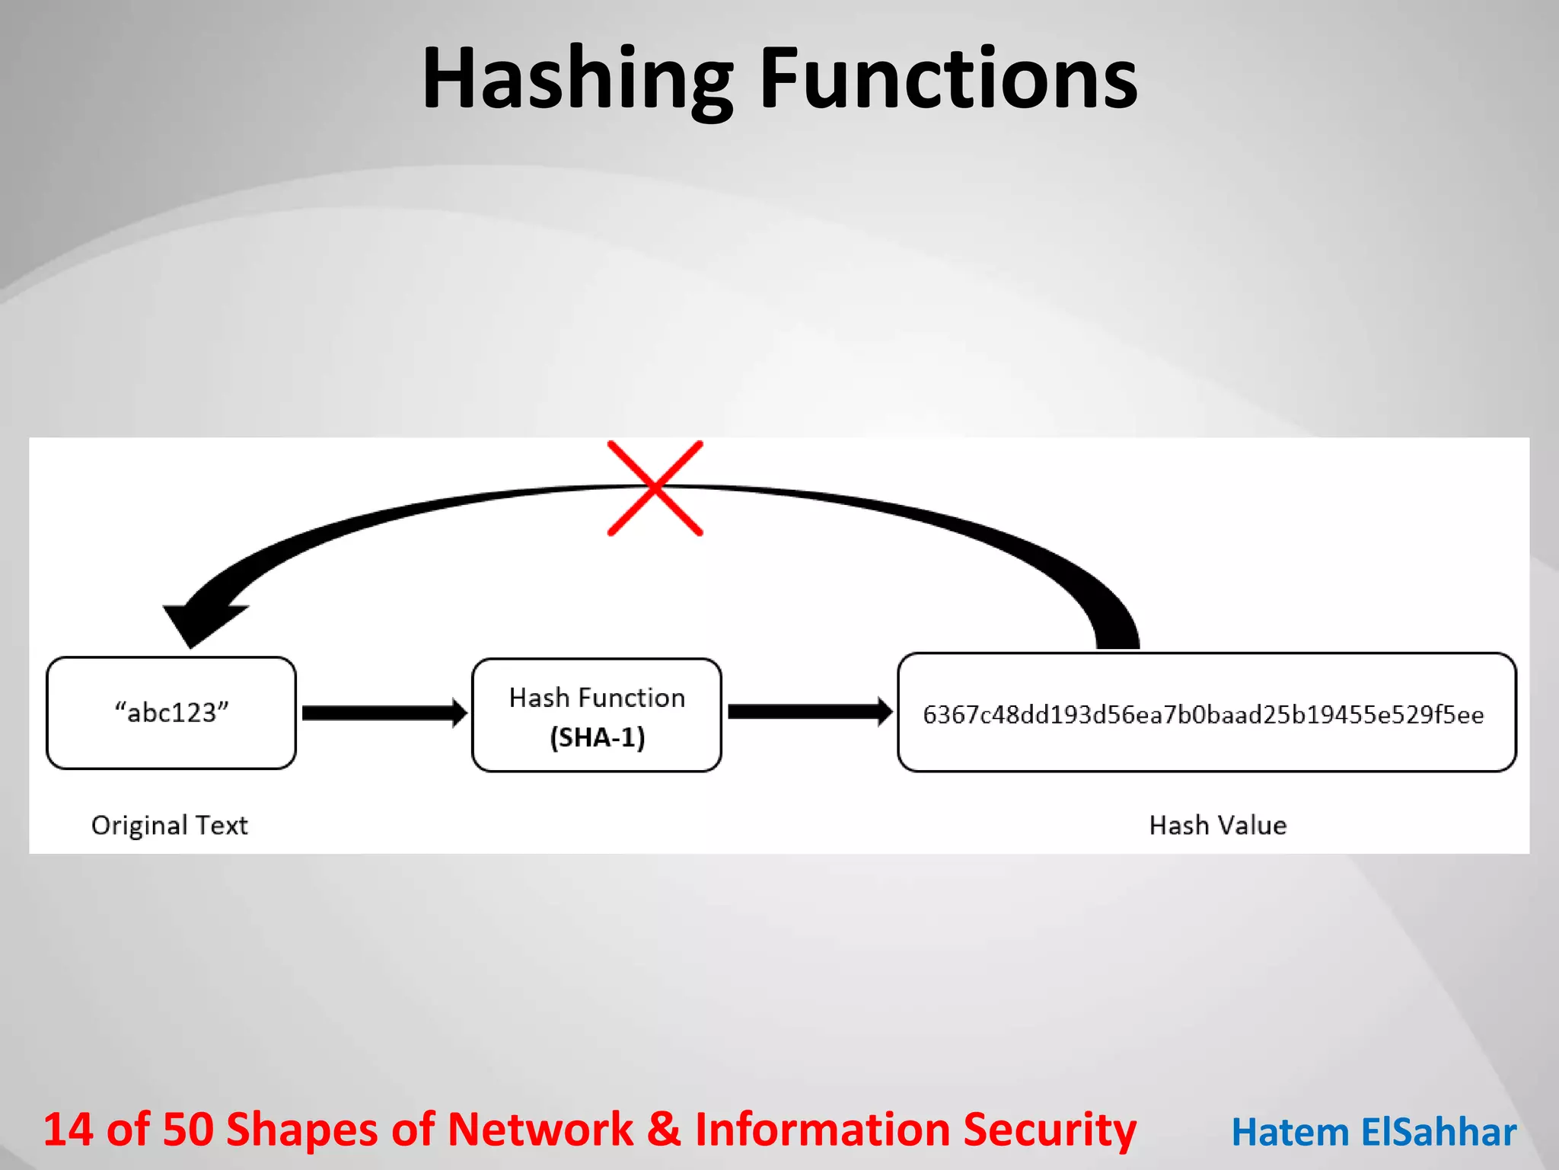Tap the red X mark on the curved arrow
click(655, 488)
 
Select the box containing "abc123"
click(171, 713)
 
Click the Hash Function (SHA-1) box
click(597, 714)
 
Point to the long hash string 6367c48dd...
click(1203, 714)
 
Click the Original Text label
click(169, 825)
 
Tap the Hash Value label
click(1217, 825)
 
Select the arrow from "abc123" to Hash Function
click(384, 713)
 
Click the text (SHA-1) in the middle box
click(598, 737)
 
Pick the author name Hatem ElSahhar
click(1374, 1132)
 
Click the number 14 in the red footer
click(68, 1129)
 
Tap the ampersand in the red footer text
click(665, 1129)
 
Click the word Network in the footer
click(540, 1129)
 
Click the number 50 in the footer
click(188, 1129)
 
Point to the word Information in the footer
click(822, 1129)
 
